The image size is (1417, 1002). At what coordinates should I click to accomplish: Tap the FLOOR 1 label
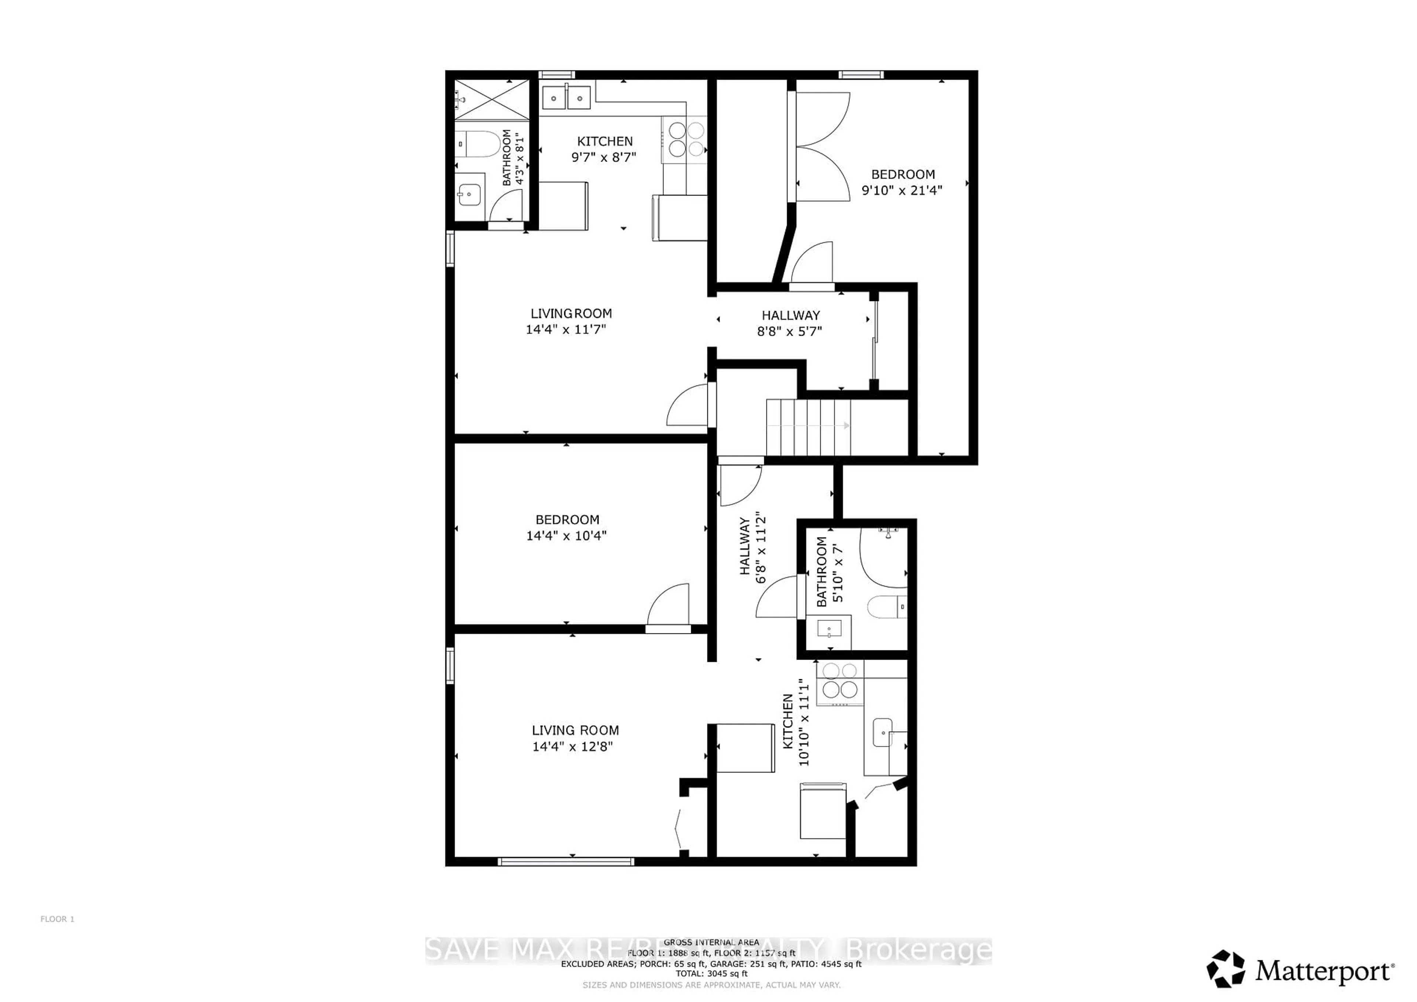pyautogui.click(x=58, y=919)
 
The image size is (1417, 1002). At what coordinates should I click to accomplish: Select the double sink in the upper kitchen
pyautogui.click(x=566, y=97)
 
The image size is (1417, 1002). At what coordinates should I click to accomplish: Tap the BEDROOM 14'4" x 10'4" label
pyautogui.click(x=566, y=528)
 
